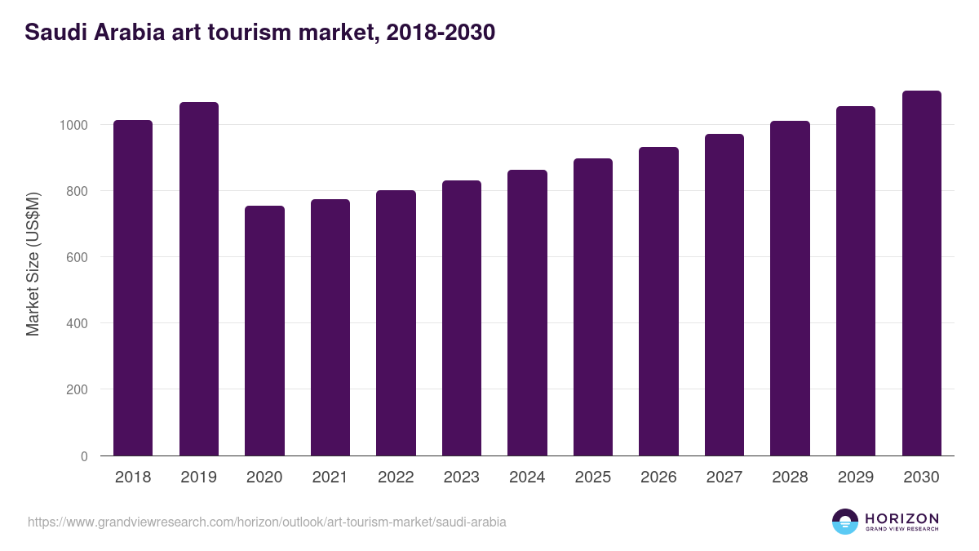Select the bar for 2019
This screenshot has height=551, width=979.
199,278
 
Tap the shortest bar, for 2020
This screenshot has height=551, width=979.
264,331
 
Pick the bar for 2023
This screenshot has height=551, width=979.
462,318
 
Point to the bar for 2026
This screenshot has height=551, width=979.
658,301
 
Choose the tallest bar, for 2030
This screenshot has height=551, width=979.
921,273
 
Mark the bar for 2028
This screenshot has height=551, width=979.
790,288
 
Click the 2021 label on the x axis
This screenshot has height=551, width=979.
330,478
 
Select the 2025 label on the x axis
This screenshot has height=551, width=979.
593,478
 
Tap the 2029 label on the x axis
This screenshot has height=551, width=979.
856,478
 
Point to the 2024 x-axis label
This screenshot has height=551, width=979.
527,478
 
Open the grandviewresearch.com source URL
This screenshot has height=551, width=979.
267,522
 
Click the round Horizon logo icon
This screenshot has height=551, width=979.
845,522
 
